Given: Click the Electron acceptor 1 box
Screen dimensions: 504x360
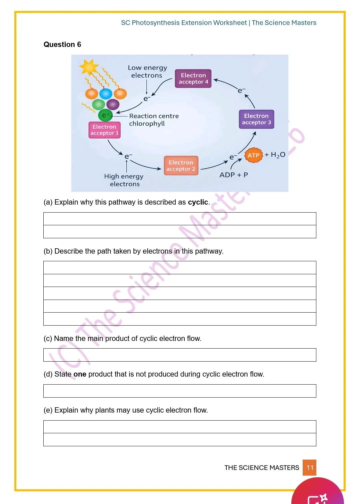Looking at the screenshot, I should point(104,130).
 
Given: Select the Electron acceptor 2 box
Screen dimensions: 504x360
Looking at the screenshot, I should point(181,166).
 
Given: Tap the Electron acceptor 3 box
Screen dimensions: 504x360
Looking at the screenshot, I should point(256,119).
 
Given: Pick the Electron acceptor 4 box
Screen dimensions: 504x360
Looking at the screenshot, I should point(193,78).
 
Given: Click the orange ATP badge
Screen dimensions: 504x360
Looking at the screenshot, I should point(254,155).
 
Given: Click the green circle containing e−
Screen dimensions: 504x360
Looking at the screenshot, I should point(105,115).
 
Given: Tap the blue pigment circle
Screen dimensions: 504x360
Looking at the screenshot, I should point(106,94).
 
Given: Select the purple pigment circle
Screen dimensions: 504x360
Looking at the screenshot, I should point(113,104).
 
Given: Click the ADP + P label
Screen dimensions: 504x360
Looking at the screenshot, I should point(234,175).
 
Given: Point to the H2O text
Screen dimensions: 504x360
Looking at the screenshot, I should point(278,155).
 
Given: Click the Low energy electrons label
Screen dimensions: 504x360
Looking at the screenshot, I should point(147,71).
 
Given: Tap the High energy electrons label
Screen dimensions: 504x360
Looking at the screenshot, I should point(124,180).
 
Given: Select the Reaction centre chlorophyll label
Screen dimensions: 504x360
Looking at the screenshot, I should point(154,120).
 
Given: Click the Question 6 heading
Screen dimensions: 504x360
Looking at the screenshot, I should point(62,44).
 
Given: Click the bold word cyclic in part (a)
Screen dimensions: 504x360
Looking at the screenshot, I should point(198,202).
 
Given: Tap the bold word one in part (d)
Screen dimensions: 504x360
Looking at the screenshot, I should point(80,374).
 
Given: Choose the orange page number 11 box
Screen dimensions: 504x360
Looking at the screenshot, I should point(310,467).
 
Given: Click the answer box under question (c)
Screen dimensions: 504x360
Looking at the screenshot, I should point(180,355).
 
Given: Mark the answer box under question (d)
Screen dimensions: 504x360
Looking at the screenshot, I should point(180,391).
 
